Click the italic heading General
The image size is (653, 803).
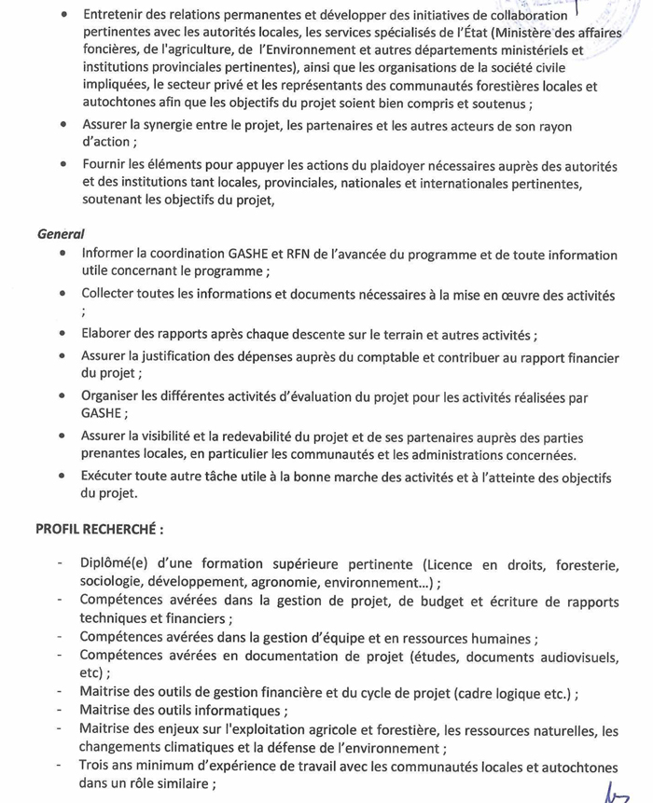[60, 234]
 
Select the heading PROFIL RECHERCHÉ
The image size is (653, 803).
[100, 529]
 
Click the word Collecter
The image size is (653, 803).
[113, 295]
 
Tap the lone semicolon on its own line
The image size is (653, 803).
[84, 313]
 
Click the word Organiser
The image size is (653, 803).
[114, 396]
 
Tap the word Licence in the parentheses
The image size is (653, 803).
[452, 564]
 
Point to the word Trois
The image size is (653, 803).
[96, 768]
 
